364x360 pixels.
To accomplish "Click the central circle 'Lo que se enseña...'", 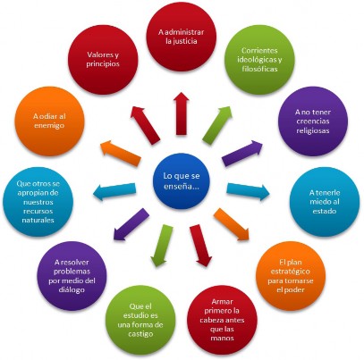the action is pos(182,181).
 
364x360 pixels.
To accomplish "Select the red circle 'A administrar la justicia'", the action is pos(182,37).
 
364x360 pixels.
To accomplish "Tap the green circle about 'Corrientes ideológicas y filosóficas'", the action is pos(259,60).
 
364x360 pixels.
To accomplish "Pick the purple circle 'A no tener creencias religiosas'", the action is pos(313,121).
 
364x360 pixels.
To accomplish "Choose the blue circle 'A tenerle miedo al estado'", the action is pos(325,202).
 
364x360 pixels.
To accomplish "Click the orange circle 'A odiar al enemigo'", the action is pos(49,121).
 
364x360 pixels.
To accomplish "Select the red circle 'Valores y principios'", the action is pos(103,60).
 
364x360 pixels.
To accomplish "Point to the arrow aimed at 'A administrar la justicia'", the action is pos(182,113).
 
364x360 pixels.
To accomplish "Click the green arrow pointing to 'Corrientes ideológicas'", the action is pos(217,125).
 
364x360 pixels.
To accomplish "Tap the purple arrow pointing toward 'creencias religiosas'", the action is pos(242,154).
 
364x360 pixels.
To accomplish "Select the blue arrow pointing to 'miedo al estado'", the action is pos(248,192).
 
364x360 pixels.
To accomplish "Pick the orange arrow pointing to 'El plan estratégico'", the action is pos(232,224).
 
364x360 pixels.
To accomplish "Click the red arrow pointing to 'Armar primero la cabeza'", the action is pos(200,246).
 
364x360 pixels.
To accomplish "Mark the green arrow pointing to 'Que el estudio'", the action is pos(162,246).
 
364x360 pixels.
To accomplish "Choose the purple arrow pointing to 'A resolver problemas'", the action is pos(131,224).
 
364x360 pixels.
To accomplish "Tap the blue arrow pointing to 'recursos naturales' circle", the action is pos(114,192).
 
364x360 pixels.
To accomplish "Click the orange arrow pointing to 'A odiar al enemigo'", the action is pos(121,153).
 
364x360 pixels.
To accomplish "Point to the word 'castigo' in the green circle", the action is pos(140,334).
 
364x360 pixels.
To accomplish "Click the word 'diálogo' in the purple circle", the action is pos(72,289).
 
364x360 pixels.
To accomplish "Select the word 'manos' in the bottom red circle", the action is pos(223,338).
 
